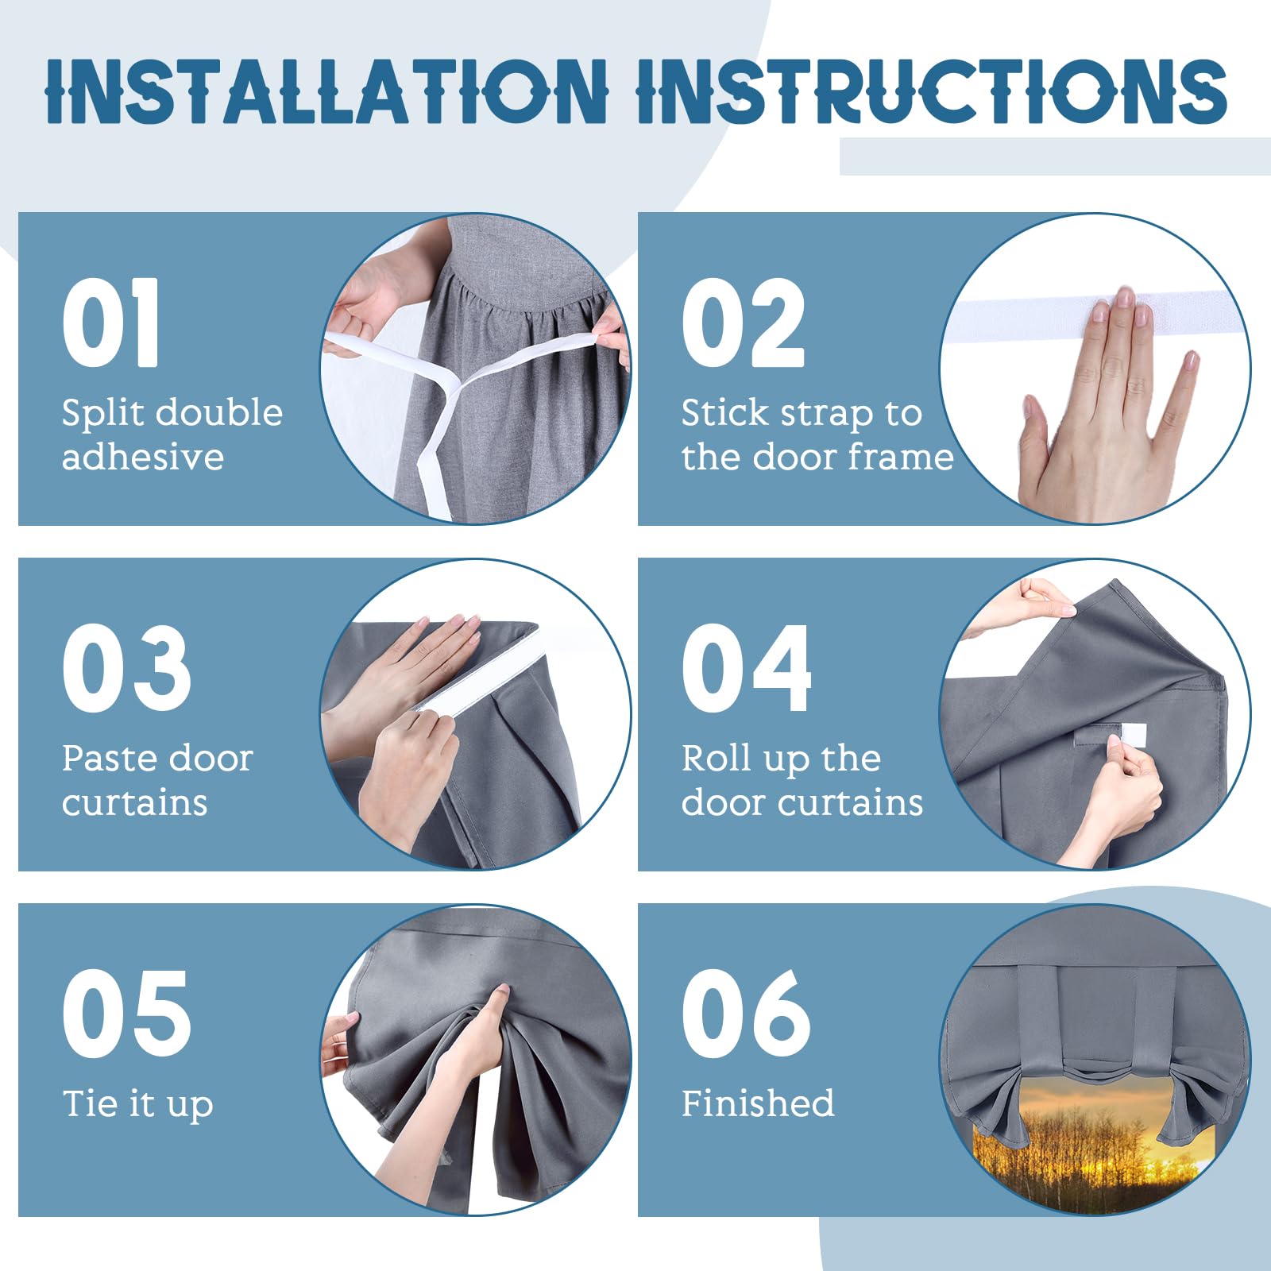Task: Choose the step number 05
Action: (127, 1014)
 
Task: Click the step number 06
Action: (747, 1014)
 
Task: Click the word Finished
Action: (758, 1103)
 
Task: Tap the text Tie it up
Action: (138, 1104)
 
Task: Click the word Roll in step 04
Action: (717, 758)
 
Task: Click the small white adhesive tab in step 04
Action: (1127, 735)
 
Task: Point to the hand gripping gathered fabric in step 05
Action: (477, 1041)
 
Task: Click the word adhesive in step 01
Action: (143, 457)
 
